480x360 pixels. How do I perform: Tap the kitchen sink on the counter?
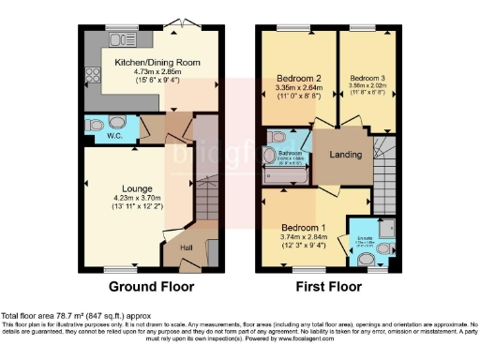(122, 39)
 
